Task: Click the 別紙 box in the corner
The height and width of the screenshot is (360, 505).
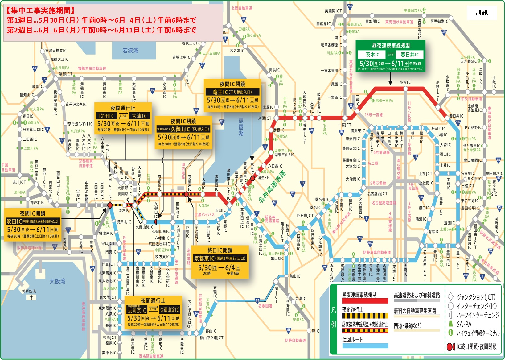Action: pos(481,13)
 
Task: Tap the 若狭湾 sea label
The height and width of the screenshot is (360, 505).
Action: pos(130,51)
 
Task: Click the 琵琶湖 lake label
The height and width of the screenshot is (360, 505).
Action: pos(241,127)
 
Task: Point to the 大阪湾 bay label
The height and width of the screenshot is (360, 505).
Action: pos(57,281)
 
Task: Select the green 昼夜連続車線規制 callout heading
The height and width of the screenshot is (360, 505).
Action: pos(391,46)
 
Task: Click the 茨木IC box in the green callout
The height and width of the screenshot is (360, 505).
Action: pos(372,55)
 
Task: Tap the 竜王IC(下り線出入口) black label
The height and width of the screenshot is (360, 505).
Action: pos(232,92)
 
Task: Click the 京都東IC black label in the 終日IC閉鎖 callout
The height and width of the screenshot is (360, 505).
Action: pos(220,259)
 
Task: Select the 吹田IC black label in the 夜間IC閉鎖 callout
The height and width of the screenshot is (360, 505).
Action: pos(32,221)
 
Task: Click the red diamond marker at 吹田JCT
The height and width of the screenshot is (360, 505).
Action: pos(110,205)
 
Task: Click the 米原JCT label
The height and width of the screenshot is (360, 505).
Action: pos(265,118)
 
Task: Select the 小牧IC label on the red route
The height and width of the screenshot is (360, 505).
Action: pos(405,82)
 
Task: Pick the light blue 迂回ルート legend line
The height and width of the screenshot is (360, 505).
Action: pos(365,346)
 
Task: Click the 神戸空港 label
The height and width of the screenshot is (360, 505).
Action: pos(29,291)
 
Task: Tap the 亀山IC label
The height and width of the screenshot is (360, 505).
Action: pos(295,276)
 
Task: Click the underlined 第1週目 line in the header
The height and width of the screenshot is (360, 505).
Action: pos(101,20)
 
